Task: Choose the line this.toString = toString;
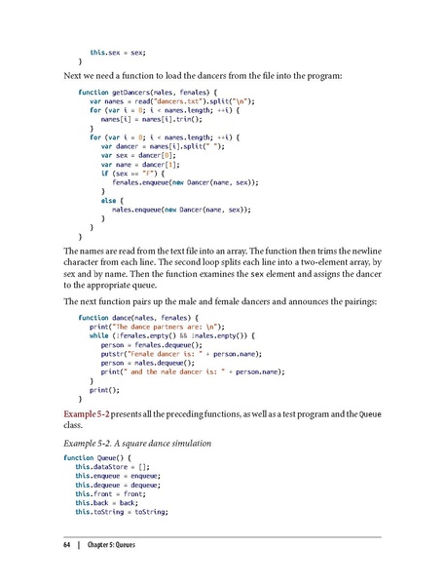tap(121, 510)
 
